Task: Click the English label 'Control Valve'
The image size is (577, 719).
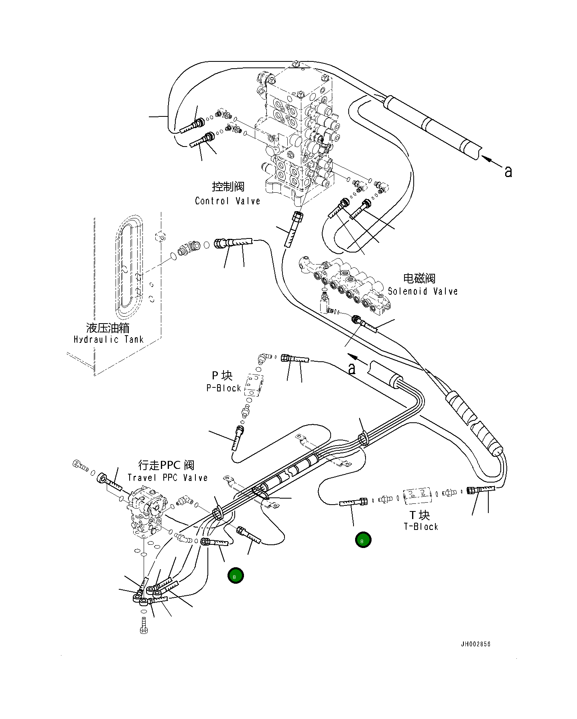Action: [x=228, y=201]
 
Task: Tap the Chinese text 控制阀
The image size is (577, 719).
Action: [x=228, y=187]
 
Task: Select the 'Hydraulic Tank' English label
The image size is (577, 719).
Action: [x=108, y=340]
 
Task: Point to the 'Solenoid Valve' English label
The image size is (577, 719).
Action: [x=423, y=291]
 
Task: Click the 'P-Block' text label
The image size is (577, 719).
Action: [x=223, y=388]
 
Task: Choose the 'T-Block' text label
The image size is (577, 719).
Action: [x=421, y=526]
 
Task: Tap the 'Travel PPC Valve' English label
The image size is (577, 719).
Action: [x=168, y=478]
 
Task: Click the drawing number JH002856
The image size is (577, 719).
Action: [x=475, y=644]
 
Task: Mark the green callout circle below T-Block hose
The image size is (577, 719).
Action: [x=363, y=540]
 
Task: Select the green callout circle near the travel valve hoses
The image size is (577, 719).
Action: [x=236, y=576]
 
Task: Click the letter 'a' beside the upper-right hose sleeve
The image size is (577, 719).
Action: [x=508, y=172]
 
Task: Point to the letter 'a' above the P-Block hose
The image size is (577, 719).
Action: [x=352, y=369]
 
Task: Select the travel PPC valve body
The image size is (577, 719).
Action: [x=146, y=512]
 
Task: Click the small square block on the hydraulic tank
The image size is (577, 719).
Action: [x=160, y=236]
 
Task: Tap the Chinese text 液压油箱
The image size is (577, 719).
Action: [x=108, y=328]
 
